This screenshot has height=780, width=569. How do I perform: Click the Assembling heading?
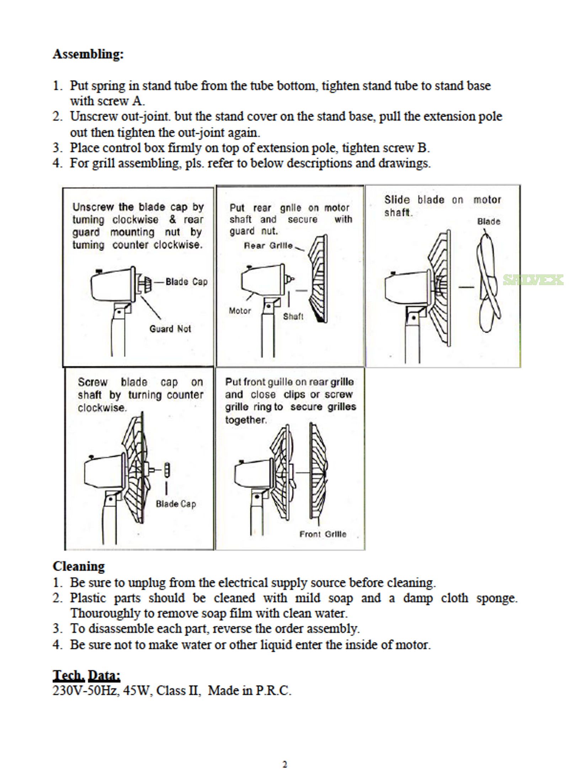tap(88, 54)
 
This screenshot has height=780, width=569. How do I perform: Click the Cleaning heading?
tap(79, 566)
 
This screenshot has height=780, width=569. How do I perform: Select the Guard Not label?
tap(170, 329)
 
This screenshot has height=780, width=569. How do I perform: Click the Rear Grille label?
tap(268, 246)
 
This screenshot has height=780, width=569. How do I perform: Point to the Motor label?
tap(240, 311)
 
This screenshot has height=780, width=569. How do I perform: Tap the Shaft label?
tap(293, 316)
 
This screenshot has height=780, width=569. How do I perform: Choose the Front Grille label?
tap(323, 534)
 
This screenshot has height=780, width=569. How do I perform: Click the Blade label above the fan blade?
tap(489, 221)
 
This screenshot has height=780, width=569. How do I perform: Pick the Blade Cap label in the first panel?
tap(186, 282)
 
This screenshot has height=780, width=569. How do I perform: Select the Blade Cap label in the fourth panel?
tap(176, 504)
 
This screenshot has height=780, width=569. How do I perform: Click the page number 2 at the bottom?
tap(284, 764)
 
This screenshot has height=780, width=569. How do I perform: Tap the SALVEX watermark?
tap(533, 279)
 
